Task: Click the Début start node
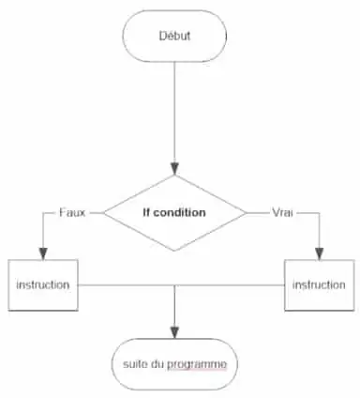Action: pyautogui.click(x=174, y=37)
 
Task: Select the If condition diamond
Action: pyautogui.click(x=174, y=212)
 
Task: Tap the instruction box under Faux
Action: pyautogui.click(x=42, y=283)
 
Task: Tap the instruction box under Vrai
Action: pyautogui.click(x=319, y=283)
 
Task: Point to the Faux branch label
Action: pyautogui.click(x=71, y=212)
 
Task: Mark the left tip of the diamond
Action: pyautogui.click(x=103, y=212)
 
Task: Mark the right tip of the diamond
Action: pyautogui.click(x=247, y=212)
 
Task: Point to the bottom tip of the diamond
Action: pyautogui.click(x=174, y=251)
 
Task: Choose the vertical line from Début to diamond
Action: pyautogui.click(x=174, y=113)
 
